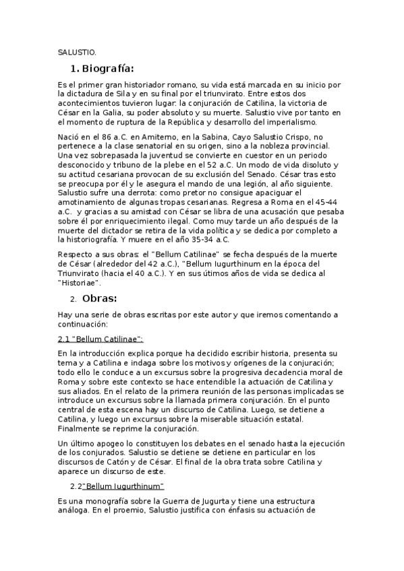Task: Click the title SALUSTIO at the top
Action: pyautogui.click(x=77, y=51)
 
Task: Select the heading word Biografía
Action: pyautogui.click(x=108, y=68)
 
